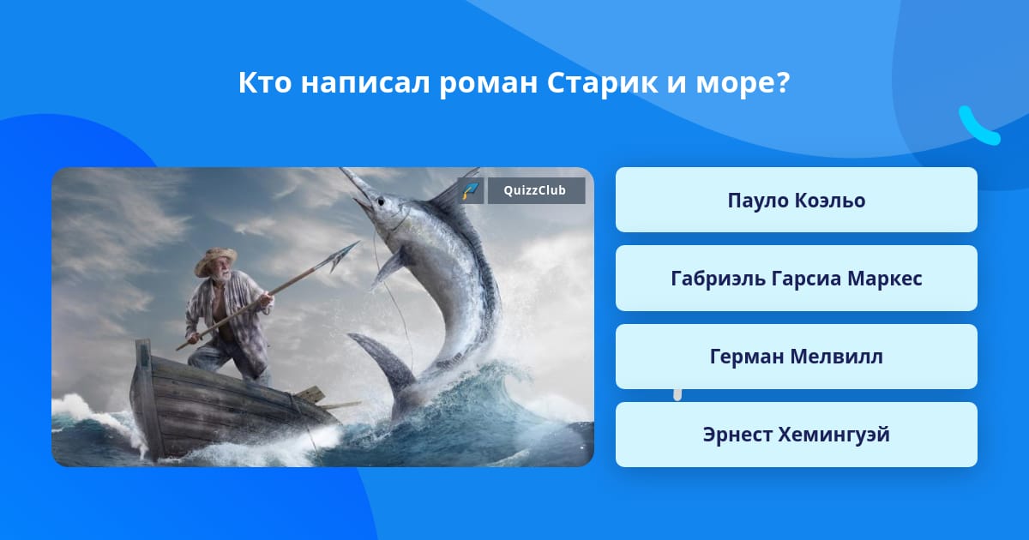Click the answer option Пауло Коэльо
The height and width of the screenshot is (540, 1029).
796,200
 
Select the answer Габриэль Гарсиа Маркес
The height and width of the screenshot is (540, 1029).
796,279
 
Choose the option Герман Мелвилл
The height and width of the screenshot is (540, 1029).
796,357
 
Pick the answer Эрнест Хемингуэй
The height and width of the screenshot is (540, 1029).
796,435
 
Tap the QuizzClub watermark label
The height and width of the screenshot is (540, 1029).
536,190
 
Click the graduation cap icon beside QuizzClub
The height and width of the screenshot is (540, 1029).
471,190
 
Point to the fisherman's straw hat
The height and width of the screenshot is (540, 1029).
216,261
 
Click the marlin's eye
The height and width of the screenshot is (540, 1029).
381,201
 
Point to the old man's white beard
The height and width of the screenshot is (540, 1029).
224,276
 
